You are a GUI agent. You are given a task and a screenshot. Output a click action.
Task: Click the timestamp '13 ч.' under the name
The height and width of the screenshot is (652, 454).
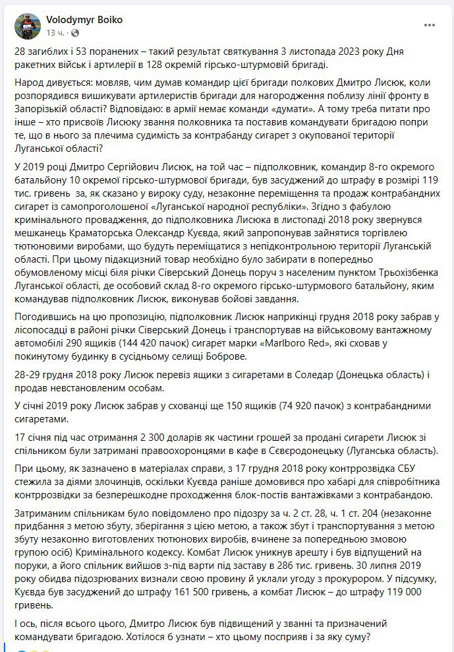click(x=53, y=32)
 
